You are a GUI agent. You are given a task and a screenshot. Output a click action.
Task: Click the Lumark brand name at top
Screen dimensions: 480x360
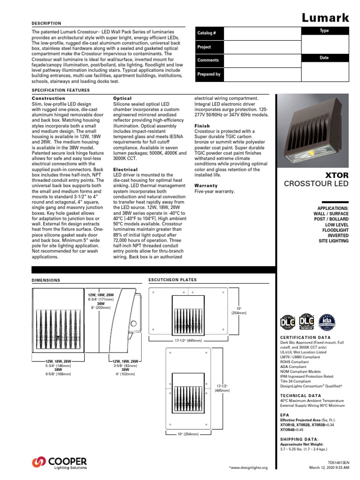click(325, 18)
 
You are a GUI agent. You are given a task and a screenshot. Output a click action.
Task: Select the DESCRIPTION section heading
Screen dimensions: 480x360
click(46, 23)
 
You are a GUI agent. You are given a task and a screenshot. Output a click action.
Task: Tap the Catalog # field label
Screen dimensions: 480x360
click(207, 34)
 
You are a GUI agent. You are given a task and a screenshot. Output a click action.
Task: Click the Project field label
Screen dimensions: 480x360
click(204, 47)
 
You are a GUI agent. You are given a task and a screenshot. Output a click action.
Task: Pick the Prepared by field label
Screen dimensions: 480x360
click(209, 74)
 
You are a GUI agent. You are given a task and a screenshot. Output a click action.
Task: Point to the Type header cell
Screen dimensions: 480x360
click(324, 30)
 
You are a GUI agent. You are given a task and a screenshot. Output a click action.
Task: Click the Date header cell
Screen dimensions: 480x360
click(324, 58)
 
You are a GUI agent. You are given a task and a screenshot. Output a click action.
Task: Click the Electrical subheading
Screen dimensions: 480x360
click(126, 169)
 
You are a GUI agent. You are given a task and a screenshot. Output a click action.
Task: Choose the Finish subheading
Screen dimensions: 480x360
click(202, 126)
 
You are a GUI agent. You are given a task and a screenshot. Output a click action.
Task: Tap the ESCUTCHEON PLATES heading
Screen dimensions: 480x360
click(172, 280)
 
